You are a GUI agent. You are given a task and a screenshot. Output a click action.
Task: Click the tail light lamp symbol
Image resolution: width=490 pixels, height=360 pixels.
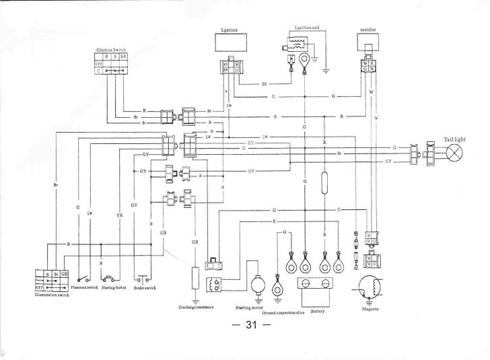456,153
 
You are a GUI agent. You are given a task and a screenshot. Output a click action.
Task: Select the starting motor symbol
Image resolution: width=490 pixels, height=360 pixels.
256,285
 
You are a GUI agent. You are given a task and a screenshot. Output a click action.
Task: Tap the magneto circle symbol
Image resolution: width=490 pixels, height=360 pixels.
370,287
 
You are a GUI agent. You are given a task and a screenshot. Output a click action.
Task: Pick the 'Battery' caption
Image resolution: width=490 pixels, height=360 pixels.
318,312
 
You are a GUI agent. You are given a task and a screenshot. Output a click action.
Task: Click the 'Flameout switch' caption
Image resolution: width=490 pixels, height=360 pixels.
85,287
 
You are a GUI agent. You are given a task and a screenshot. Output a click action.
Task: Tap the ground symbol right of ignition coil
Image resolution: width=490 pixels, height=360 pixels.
326,69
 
